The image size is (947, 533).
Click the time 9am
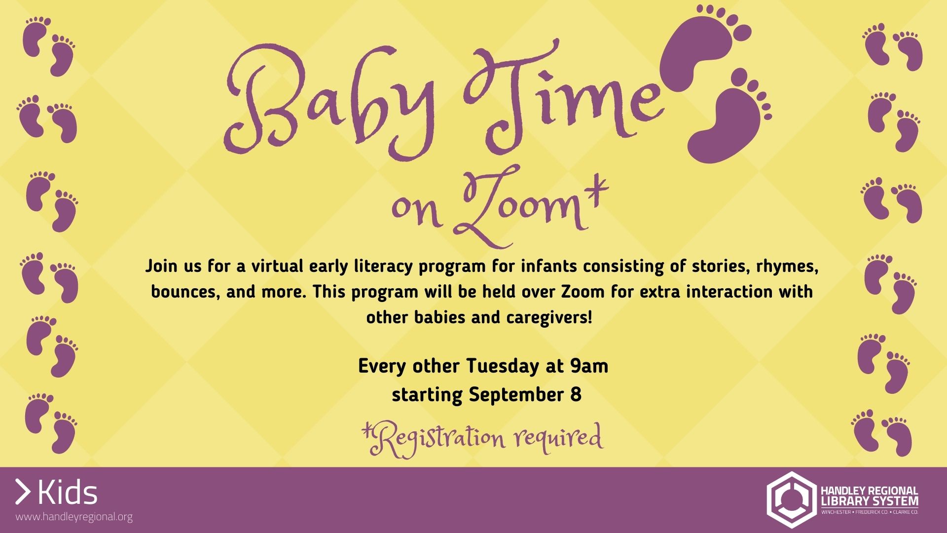(x=589, y=366)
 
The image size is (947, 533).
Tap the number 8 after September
(x=576, y=394)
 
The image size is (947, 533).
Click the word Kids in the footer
(x=68, y=492)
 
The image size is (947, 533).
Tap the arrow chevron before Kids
(x=23, y=492)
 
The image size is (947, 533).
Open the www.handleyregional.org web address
(x=74, y=517)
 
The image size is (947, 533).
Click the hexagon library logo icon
(x=791, y=499)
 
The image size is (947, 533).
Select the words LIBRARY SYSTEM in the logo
(x=870, y=501)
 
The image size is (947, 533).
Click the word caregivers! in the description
(x=549, y=317)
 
